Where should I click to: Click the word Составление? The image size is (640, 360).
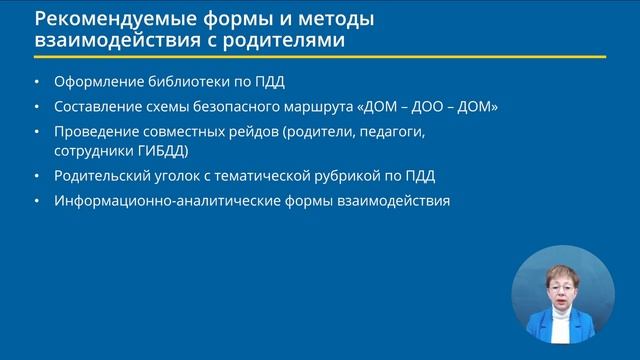tap(100, 107)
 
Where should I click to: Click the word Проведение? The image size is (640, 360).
tap(99, 131)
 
